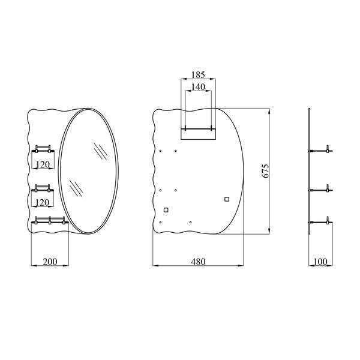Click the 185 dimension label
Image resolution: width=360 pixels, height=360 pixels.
(198, 74)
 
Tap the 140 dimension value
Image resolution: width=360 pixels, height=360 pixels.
(198, 87)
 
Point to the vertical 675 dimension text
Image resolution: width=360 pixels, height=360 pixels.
(265, 171)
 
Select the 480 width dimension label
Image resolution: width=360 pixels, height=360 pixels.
(198, 262)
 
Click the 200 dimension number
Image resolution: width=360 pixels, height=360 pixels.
(50, 262)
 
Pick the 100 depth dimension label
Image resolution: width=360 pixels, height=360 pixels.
(320, 262)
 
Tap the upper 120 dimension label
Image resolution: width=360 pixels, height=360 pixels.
(43, 164)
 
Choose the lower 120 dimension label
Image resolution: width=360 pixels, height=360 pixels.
(43, 203)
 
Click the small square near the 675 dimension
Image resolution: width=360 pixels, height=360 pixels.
(227, 199)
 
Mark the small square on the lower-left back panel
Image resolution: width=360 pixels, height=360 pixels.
(166, 210)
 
